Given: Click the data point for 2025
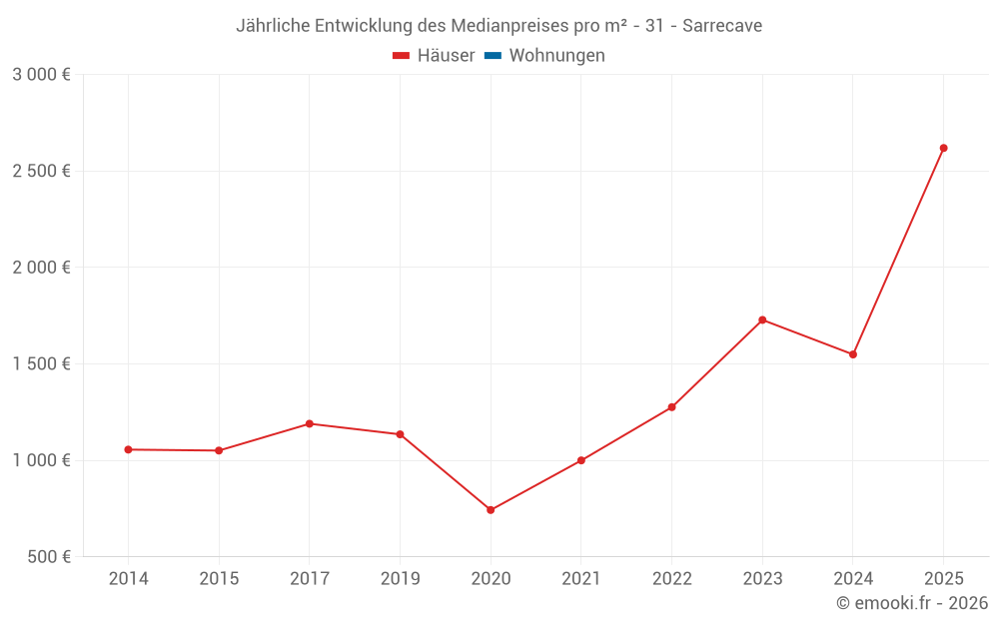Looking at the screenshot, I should [943, 148].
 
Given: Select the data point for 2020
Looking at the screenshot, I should [491, 510].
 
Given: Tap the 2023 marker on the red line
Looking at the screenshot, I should [762, 319].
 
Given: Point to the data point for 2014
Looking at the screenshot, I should [128, 449].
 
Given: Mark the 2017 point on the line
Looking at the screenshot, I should [310, 423].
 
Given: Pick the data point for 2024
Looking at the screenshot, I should [853, 354].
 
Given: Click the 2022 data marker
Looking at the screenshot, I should [671, 407].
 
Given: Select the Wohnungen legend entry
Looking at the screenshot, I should [556, 56].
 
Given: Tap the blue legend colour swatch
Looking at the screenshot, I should [493, 56].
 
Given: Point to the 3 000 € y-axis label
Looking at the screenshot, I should [41, 74].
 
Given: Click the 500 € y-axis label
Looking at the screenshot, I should [48, 557].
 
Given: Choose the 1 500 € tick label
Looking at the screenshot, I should [41, 363].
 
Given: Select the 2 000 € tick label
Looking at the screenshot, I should [41, 268].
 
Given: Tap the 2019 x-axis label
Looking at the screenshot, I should [400, 578].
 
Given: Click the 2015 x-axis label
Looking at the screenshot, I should [219, 578].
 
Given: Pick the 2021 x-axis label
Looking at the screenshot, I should [580, 578].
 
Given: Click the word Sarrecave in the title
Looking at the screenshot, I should [722, 26].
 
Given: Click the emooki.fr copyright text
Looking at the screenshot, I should [912, 603].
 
